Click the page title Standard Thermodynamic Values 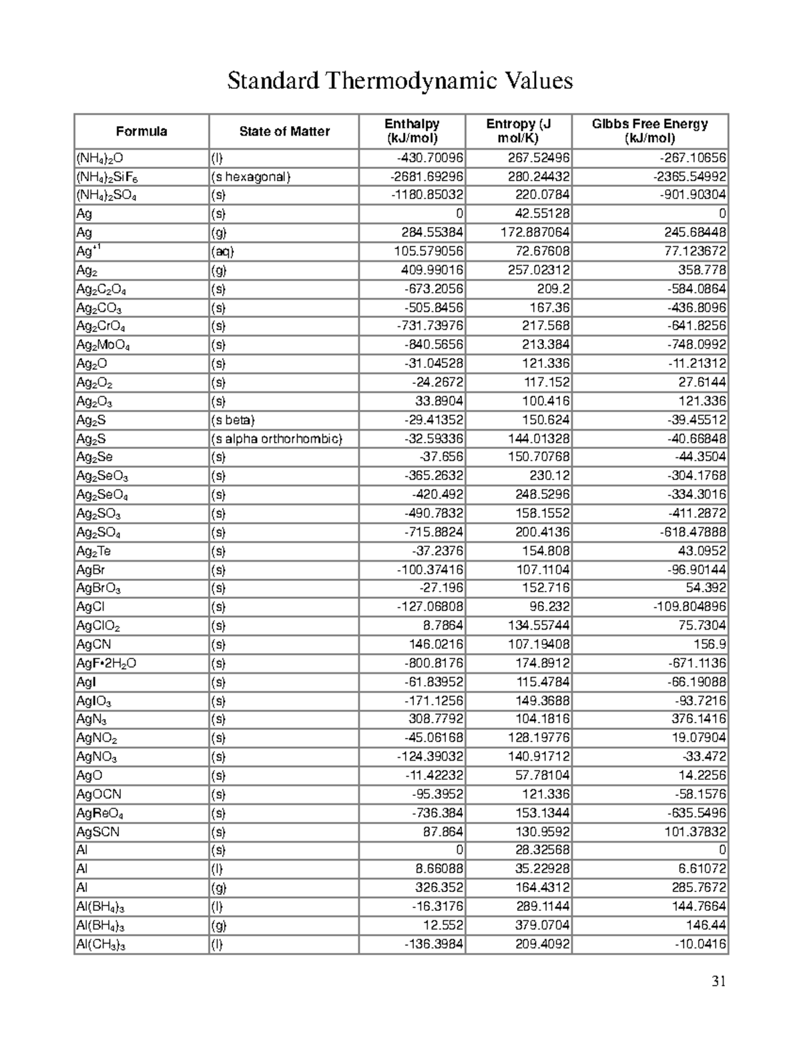400,81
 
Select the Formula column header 141,132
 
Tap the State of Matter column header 284,132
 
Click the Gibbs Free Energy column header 649,132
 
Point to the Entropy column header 518,132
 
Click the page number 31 718,981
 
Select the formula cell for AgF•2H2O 107,664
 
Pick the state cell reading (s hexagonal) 251,177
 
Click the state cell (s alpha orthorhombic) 276,439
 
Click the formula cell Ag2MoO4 103,345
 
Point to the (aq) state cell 223,252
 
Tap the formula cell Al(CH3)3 101,944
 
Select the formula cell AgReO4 99,813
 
